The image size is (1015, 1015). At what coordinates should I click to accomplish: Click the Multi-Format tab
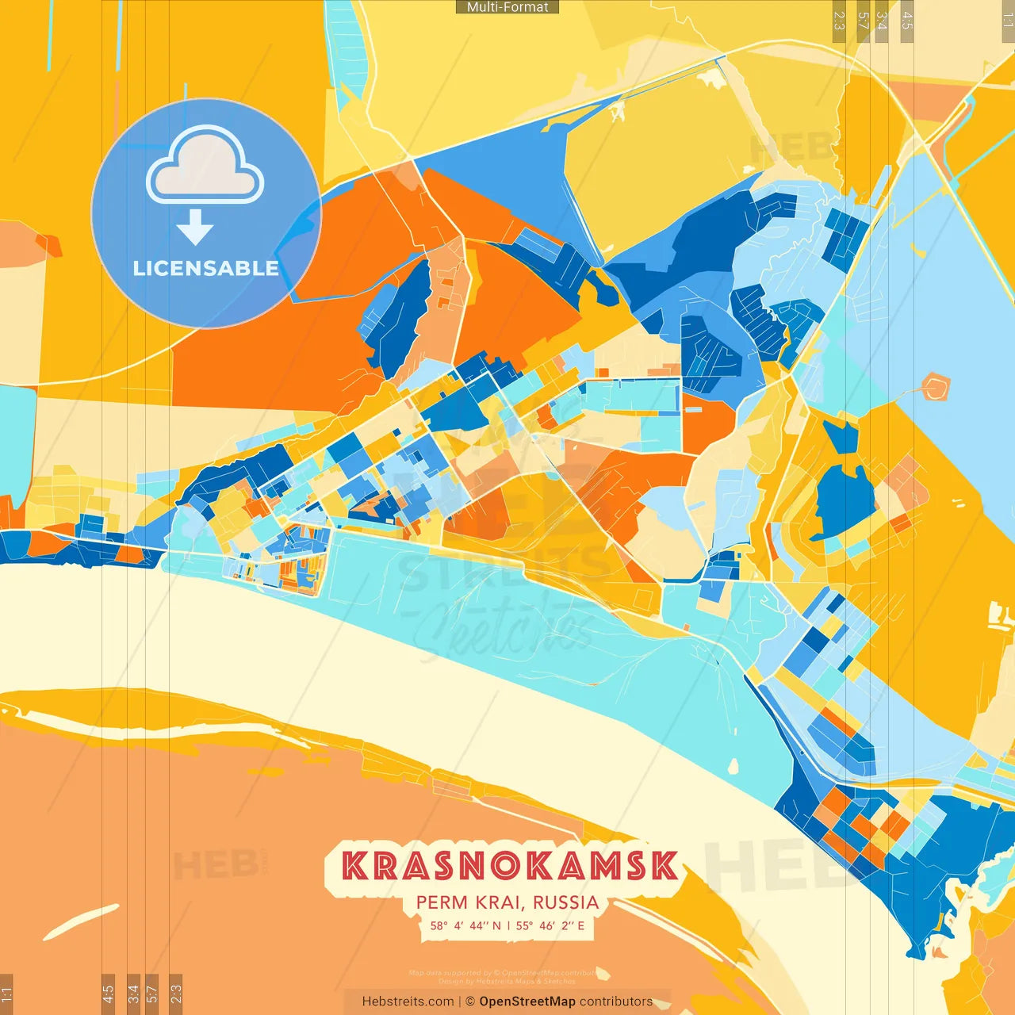(507, 7)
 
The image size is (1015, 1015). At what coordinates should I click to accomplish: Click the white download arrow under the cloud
(195, 227)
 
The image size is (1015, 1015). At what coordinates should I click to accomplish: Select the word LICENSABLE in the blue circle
(205, 268)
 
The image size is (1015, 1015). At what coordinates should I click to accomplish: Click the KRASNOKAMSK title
(511, 866)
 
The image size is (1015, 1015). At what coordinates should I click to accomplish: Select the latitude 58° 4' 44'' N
(465, 925)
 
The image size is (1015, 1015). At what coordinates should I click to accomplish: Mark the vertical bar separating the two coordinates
(508, 925)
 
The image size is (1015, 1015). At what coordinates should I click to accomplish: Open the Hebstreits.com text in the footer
(408, 1002)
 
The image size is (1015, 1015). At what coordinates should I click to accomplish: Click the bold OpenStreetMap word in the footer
(527, 1002)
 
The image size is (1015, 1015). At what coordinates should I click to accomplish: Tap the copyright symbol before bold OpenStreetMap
(470, 1002)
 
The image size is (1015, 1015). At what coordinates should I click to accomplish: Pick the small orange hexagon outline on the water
(936, 388)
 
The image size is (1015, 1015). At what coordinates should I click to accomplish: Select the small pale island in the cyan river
(734, 766)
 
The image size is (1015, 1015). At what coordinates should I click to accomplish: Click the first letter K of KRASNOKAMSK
(355, 866)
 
